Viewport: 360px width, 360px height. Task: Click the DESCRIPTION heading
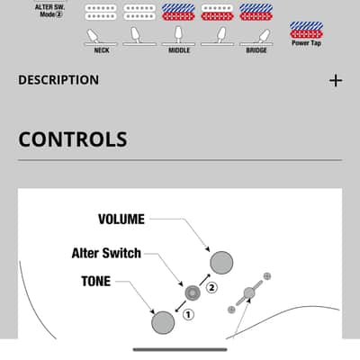pos(58,80)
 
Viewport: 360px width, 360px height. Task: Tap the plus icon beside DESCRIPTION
pos(336,80)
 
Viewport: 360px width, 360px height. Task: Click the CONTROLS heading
pos(73,139)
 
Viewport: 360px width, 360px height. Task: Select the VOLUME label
pos(121,219)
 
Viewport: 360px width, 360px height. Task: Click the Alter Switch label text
pos(106,253)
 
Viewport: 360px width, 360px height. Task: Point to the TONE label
pos(96,281)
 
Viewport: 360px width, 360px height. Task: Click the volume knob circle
pos(221,263)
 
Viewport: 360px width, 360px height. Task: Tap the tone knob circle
pos(163,322)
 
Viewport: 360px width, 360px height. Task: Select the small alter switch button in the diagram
pos(193,292)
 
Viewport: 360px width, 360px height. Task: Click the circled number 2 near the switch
pos(211,288)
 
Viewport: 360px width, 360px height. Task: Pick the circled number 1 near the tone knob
pos(188,315)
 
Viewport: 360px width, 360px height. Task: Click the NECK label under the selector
pos(102,50)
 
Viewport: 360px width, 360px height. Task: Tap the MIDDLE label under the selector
pos(179,50)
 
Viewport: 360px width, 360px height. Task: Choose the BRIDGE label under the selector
pos(256,50)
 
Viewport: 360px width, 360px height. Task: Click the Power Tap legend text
pos(306,43)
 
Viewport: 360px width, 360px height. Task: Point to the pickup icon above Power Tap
pos(306,30)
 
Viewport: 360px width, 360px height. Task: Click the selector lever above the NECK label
pos(94,36)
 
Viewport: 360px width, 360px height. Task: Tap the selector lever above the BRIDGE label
pos(263,36)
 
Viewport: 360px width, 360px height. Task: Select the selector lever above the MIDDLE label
pos(178,34)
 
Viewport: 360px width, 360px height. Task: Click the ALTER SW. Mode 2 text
pos(49,11)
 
